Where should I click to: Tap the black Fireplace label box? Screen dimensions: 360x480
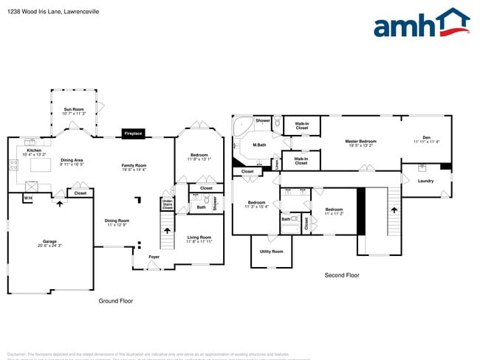[134, 134]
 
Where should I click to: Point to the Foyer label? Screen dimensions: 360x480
[154, 257]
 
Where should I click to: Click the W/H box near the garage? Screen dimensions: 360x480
[28, 198]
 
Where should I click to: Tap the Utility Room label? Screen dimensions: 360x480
[271, 252]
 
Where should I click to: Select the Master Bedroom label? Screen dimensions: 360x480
[361, 141]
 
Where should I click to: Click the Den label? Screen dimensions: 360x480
[426, 137]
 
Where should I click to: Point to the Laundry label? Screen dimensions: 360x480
[425, 181]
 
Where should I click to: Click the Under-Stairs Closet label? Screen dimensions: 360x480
[168, 204]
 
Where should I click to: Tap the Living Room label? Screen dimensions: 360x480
[199, 237]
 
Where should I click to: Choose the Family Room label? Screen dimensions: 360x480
[134, 165]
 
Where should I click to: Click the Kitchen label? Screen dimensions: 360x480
[34, 150]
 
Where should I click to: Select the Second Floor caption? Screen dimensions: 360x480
[342, 275]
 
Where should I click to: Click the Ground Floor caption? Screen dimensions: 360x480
[116, 301]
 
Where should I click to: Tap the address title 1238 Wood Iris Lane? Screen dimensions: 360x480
[52, 12]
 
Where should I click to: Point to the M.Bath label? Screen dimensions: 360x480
[259, 145]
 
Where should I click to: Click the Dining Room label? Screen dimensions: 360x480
[117, 220]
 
